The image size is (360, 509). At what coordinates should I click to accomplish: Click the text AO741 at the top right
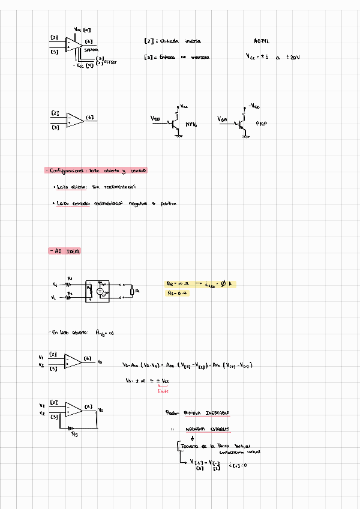pos(262,41)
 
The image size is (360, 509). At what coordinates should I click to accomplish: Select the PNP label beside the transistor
pos(261,123)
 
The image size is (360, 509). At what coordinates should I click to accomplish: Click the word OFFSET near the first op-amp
pos(112,62)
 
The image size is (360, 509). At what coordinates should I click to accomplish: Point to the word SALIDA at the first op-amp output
pos(92,49)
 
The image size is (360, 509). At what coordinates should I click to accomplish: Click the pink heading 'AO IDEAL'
pos(65,250)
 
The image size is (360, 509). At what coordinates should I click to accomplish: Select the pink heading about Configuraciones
pos(96,170)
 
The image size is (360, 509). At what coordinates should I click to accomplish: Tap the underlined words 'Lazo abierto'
pos(71,187)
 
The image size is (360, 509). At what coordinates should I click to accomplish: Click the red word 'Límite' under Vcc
pos(163,391)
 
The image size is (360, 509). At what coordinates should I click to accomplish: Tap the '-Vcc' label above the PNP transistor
pos(254,106)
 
